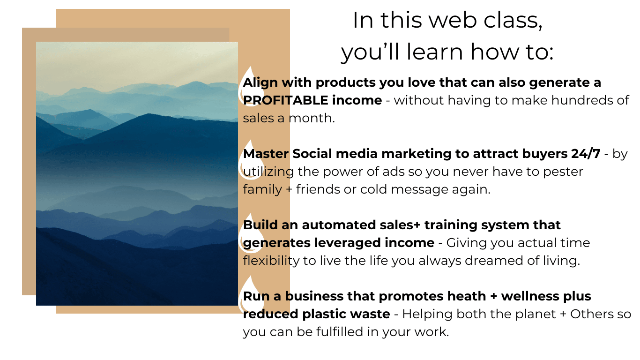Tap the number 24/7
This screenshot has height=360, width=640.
click(x=586, y=154)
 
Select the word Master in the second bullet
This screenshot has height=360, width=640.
click(x=266, y=154)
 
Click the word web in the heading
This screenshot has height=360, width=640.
click(x=453, y=21)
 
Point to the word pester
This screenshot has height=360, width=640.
click(x=563, y=172)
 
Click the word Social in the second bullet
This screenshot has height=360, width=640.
click(x=312, y=154)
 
